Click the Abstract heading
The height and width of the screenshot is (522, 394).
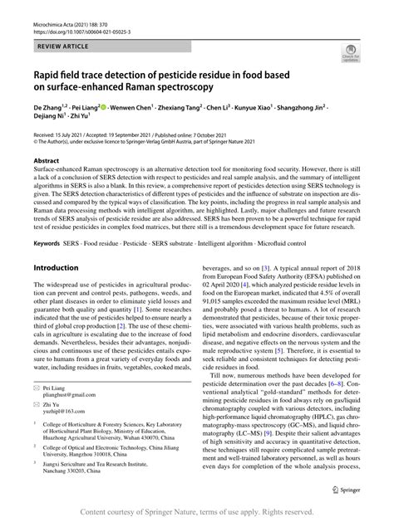(x=47, y=160)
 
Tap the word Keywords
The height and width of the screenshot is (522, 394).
(x=51, y=243)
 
